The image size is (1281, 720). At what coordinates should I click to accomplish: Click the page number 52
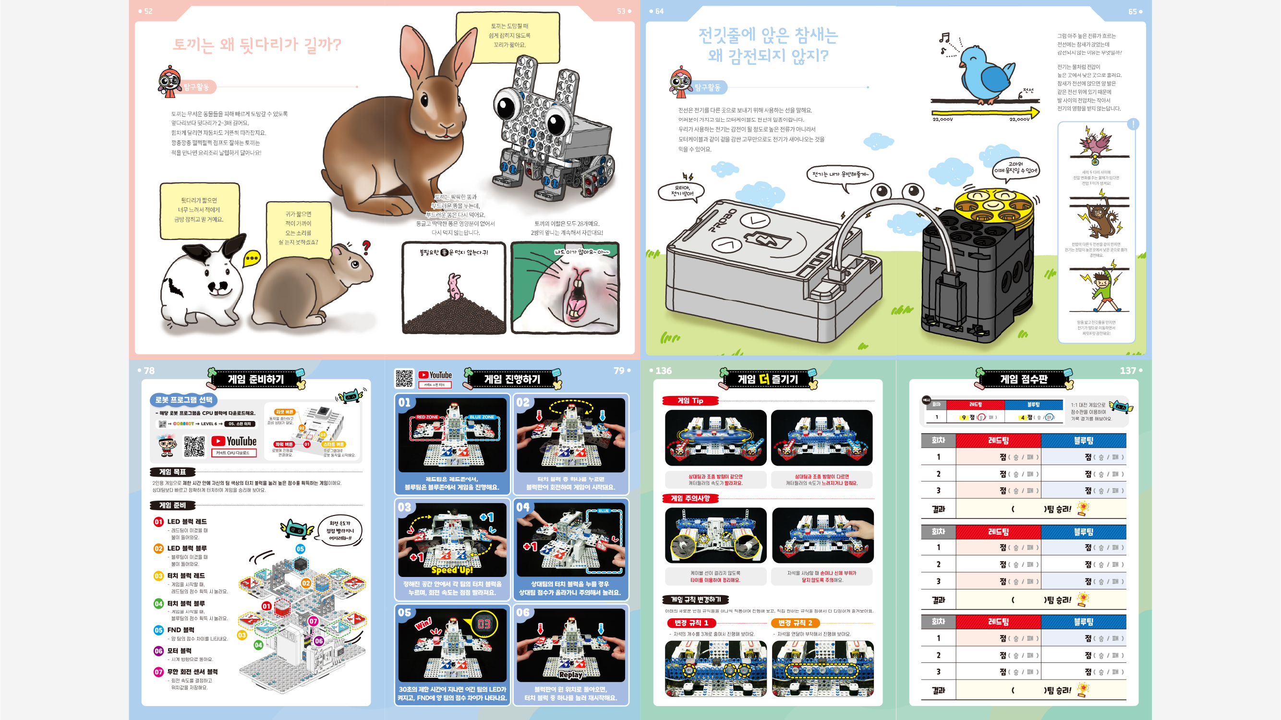(148, 11)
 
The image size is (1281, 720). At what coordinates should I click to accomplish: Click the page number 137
(1127, 371)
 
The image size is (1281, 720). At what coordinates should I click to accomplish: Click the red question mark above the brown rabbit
(366, 247)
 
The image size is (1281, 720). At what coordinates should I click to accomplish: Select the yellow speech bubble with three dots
(252, 258)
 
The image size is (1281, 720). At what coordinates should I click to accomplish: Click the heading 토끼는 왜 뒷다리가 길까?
(256, 45)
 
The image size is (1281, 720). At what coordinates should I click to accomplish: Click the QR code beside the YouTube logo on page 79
(404, 378)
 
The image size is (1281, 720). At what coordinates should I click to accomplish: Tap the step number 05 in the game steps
(404, 612)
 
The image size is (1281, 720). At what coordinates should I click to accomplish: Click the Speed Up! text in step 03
(451, 570)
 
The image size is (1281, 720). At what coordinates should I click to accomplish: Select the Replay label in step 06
(570, 675)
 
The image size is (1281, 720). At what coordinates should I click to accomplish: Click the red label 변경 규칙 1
(691, 623)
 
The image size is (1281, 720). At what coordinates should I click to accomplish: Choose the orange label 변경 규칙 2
(795, 623)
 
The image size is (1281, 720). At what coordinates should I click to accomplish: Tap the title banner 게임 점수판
(1024, 379)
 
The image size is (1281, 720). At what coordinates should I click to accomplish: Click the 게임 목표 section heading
(172, 472)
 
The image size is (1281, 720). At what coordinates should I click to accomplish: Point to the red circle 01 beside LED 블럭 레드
(158, 522)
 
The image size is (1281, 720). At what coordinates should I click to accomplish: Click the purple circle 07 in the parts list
(158, 672)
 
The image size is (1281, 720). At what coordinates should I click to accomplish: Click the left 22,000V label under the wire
(943, 120)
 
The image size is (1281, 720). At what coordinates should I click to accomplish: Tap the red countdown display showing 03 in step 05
(483, 624)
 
